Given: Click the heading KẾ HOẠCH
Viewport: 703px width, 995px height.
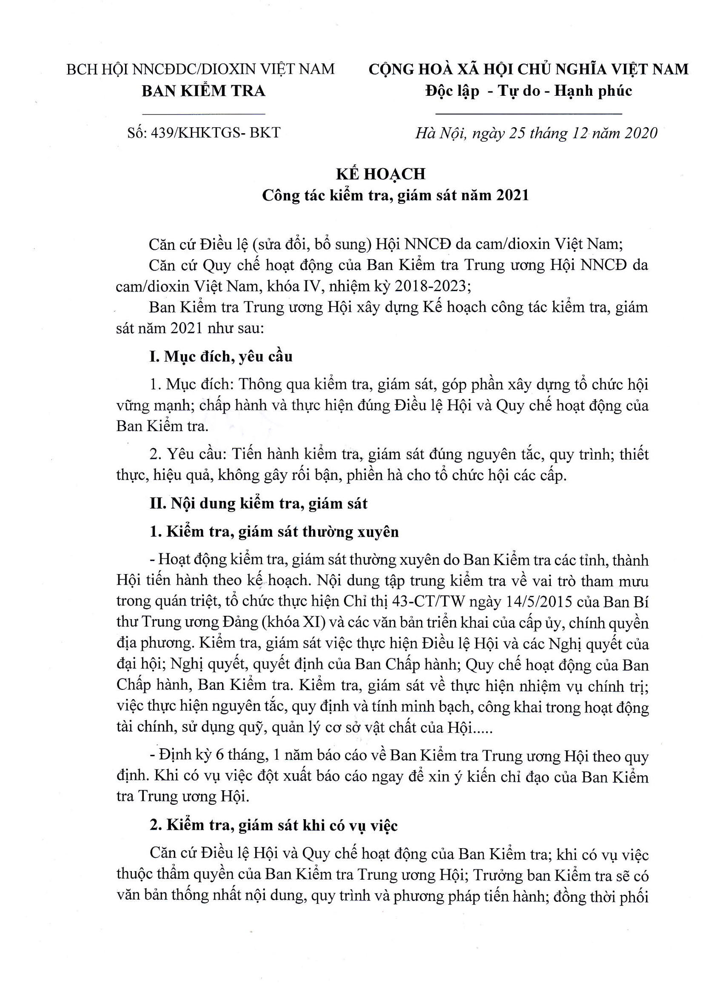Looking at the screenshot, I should click(x=381, y=174).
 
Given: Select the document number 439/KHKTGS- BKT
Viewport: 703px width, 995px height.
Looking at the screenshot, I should click(x=215, y=132).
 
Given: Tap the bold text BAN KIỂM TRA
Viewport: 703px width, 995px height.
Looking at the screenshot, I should click(x=203, y=91).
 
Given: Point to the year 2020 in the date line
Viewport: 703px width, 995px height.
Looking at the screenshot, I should click(x=640, y=133).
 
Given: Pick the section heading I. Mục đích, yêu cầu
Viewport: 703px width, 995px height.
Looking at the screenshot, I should click(x=220, y=357).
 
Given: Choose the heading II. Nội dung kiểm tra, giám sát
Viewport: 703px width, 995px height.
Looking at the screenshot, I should click(x=258, y=503).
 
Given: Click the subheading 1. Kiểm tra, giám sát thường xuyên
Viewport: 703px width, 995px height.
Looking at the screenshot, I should click(x=274, y=532).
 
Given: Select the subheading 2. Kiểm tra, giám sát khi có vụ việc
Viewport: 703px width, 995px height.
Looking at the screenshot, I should click(x=273, y=826).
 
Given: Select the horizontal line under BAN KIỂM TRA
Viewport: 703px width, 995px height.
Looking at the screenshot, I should click(x=203, y=114).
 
